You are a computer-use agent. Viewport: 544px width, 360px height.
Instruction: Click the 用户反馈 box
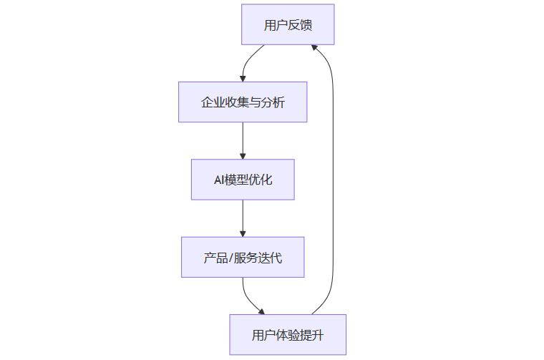pyautogui.click(x=288, y=24)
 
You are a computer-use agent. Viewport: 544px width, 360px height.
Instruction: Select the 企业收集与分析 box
pyautogui.click(x=243, y=102)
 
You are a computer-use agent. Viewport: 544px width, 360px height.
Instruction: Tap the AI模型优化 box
pyautogui.click(x=243, y=179)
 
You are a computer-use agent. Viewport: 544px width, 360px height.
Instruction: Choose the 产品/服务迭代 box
pyautogui.click(x=243, y=257)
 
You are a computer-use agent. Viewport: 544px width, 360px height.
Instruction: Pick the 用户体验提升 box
pyautogui.click(x=288, y=334)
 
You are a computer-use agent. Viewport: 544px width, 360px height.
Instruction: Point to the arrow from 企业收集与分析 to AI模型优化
pyautogui.click(x=243, y=140)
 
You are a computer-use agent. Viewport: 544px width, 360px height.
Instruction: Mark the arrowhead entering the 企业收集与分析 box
pyautogui.click(x=243, y=78)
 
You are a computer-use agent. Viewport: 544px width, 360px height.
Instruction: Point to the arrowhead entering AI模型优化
pyautogui.click(x=243, y=155)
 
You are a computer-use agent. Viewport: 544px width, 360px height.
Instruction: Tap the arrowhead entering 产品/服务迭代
pyautogui.click(x=243, y=233)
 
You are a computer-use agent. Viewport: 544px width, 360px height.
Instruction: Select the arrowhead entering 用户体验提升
pyautogui.click(x=261, y=311)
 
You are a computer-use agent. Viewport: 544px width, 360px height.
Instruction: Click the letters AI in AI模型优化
pyautogui.click(x=219, y=180)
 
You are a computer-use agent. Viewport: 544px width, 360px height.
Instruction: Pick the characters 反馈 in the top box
pyautogui.click(x=301, y=25)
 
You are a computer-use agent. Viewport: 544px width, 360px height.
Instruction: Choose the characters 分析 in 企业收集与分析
pyautogui.click(x=273, y=102)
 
